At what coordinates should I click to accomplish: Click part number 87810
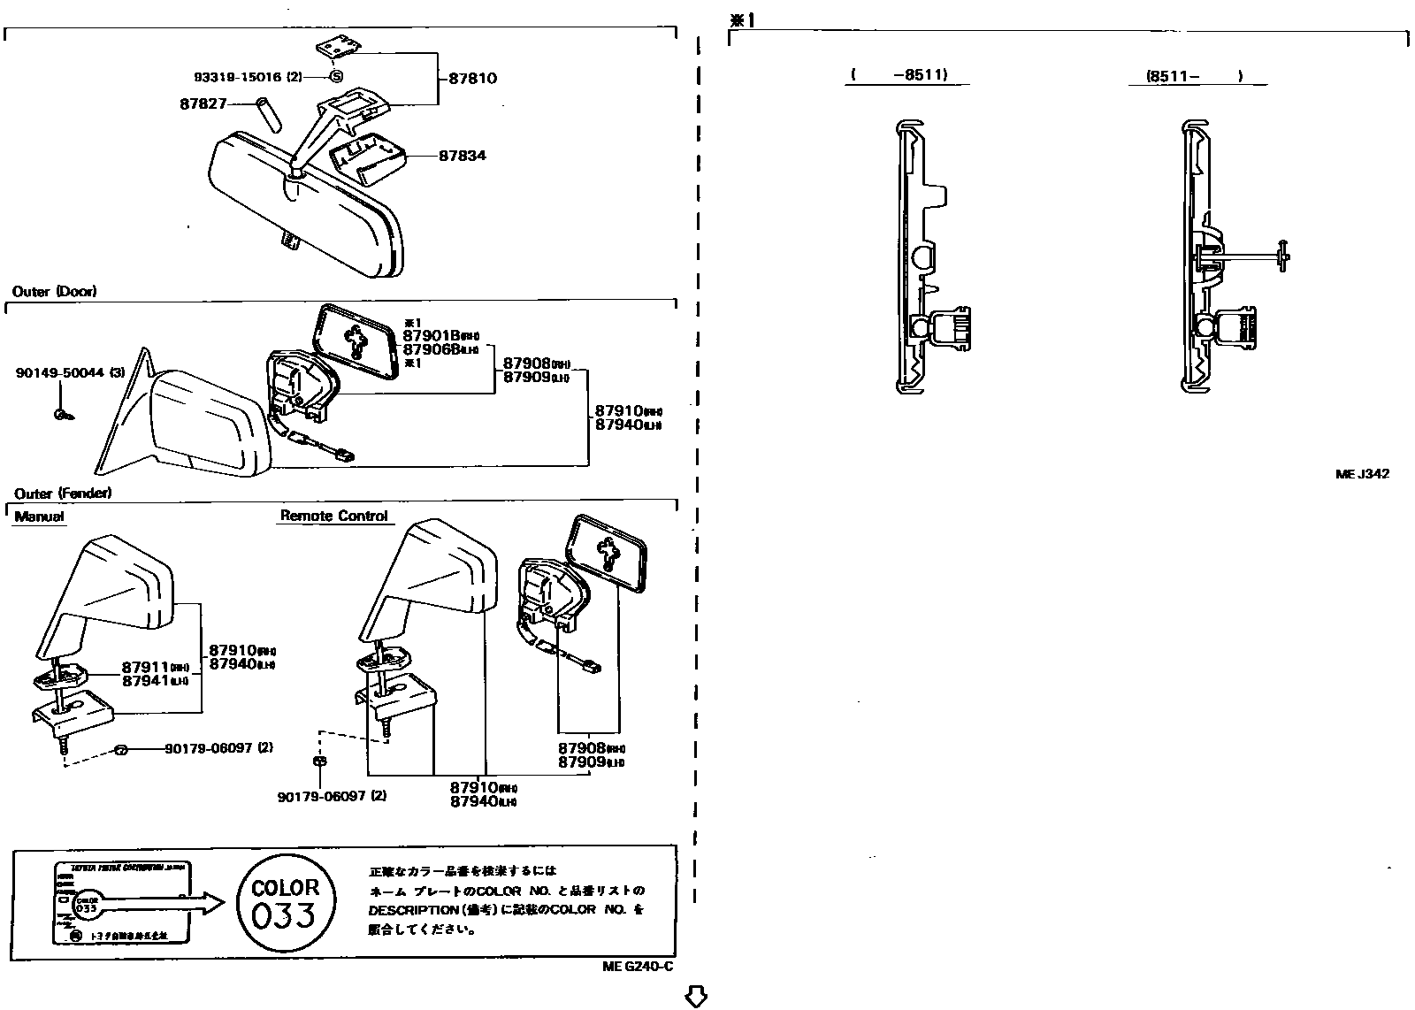472,78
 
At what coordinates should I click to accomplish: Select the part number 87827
204,104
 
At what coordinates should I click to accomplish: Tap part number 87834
463,156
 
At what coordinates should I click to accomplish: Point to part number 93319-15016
238,78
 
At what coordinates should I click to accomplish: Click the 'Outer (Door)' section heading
55,291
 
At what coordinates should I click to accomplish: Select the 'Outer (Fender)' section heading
62,494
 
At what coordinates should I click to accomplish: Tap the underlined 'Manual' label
39,516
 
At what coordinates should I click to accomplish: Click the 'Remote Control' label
334,516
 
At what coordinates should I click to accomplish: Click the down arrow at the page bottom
696,997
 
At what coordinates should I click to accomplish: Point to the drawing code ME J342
1362,474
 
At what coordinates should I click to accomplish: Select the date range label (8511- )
1195,76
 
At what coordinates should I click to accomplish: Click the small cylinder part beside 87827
265,115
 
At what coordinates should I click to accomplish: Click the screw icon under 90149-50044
62,414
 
